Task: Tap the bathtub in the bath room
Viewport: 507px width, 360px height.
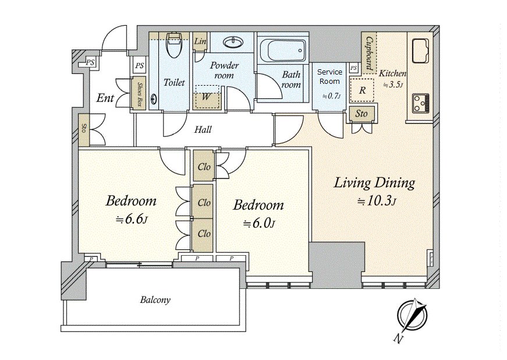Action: (x=282, y=51)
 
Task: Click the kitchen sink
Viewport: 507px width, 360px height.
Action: (x=420, y=51)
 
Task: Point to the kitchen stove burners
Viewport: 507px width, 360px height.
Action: (x=421, y=104)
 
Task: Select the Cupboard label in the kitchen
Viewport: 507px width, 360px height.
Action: (x=369, y=53)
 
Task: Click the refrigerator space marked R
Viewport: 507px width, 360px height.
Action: (x=362, y=90)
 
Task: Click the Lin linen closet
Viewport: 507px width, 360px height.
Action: (x=200, y=41)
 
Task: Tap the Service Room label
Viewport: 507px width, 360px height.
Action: (x=329, y=77)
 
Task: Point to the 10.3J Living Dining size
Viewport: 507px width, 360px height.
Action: (x=377, y=201)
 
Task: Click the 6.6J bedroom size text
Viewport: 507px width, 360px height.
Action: (x=132, y=219)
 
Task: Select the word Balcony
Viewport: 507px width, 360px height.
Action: (x=155, y=300)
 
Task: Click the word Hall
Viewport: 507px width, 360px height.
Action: (x=203, y=130)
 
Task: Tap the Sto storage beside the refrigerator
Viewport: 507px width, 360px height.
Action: (x=361, y=114)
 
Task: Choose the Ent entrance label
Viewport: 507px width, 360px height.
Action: (x=105, y=98)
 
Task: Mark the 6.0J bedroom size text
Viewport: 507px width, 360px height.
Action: (x=258, y=223)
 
